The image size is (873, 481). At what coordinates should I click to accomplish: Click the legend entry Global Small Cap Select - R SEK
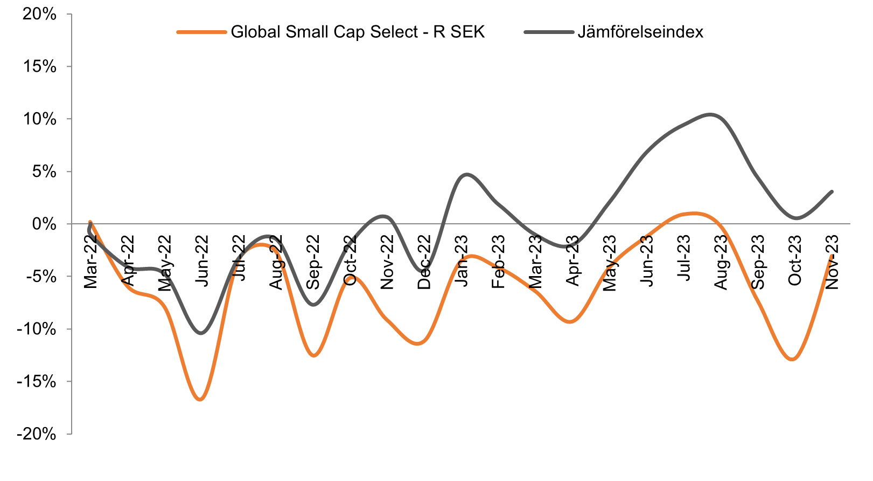[358, 32]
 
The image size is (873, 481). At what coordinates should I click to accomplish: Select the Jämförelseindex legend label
[640, 32]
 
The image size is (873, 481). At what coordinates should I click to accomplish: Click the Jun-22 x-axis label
[201, 262]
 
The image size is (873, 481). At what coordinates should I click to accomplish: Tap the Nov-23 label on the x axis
[832, 262]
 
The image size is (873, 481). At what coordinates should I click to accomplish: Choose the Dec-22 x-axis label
[424, 262]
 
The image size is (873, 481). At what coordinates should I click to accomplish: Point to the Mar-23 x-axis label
[535, 262]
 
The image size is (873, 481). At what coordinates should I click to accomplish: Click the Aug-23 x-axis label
[721, 262]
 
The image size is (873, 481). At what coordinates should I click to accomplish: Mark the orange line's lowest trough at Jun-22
[200, 400]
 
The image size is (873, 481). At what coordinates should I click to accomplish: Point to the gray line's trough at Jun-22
[201, 333]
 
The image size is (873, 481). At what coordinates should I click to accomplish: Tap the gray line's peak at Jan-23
[466, 175]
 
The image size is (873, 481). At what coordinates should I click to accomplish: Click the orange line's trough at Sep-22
[314, 355]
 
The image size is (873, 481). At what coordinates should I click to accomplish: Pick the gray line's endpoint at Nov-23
[832, 191]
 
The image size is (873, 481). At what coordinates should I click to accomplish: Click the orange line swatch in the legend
[201, 32]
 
